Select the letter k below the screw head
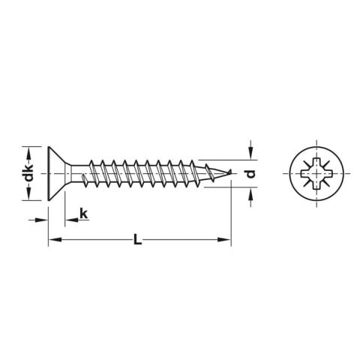[84, 215]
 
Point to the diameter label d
[251, 173]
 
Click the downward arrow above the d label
[250, 154]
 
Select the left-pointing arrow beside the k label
[70, 220]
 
